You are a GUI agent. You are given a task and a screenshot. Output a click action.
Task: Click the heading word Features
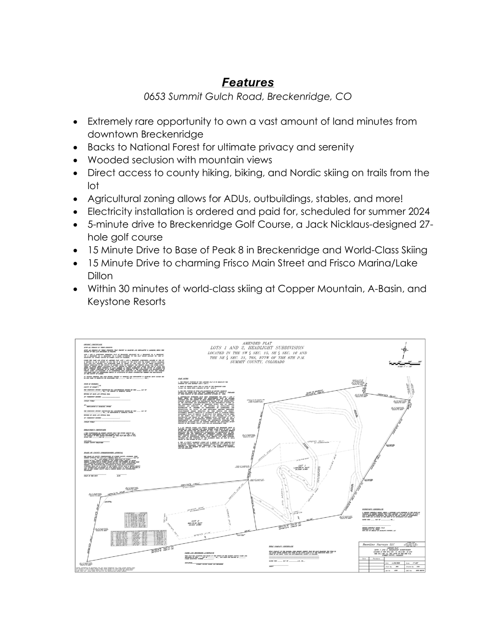[248, 82]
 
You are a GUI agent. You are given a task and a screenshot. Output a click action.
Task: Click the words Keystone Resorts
[126, 301]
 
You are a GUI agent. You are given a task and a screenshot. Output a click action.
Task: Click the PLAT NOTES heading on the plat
[182, 379]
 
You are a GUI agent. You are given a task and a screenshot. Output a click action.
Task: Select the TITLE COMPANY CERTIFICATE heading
[281, 547]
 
